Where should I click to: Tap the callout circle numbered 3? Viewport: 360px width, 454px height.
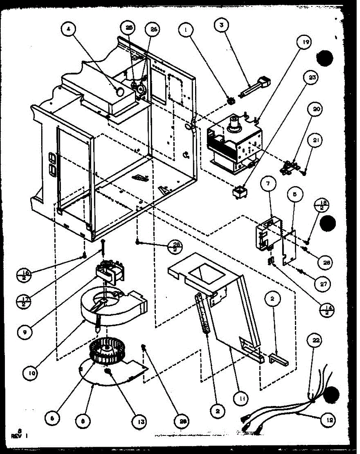click(x=220, y=26)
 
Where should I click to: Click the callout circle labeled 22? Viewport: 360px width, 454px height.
click(x=316, y=340)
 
